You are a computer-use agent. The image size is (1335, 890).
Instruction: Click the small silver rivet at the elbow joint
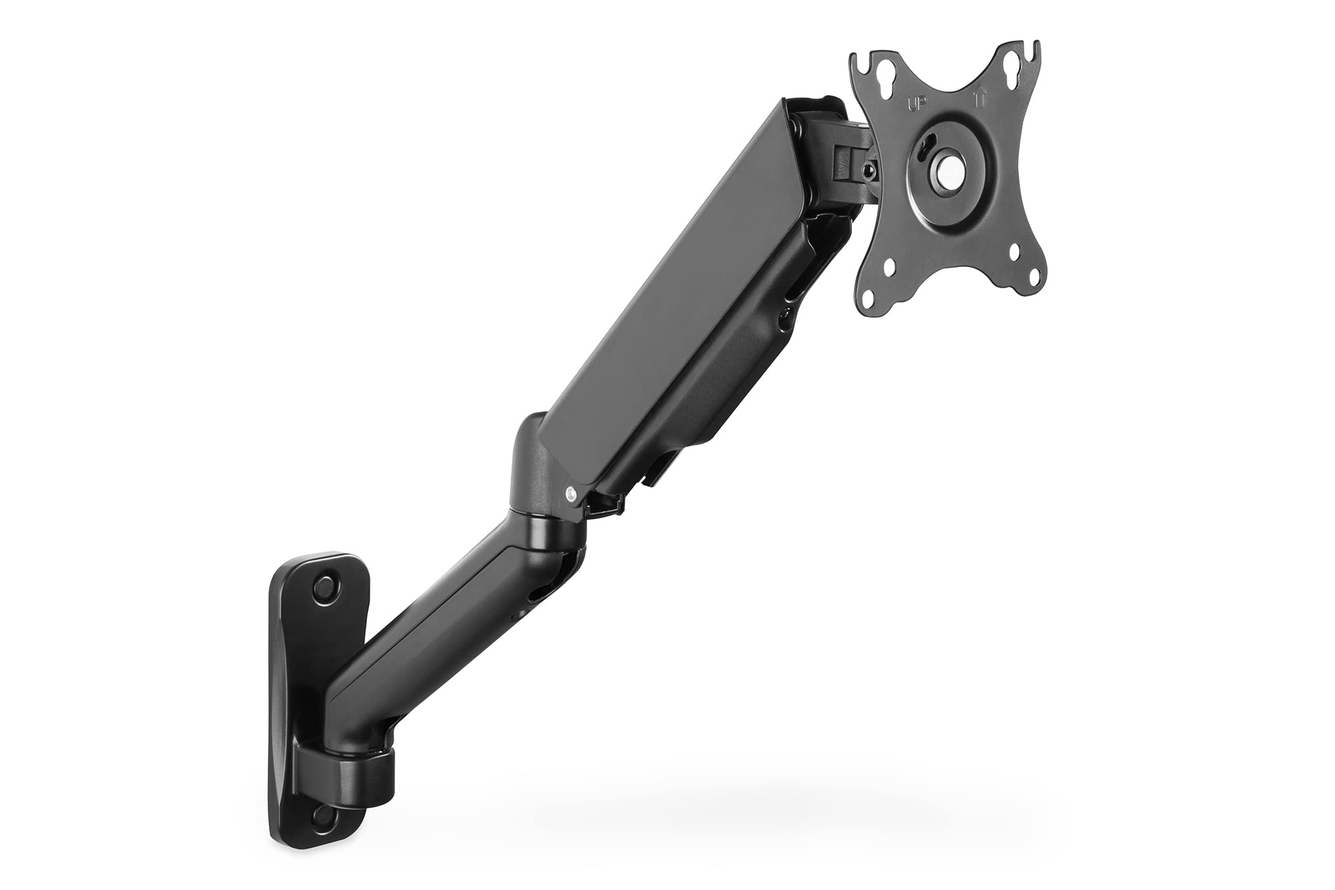coord(571,493)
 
